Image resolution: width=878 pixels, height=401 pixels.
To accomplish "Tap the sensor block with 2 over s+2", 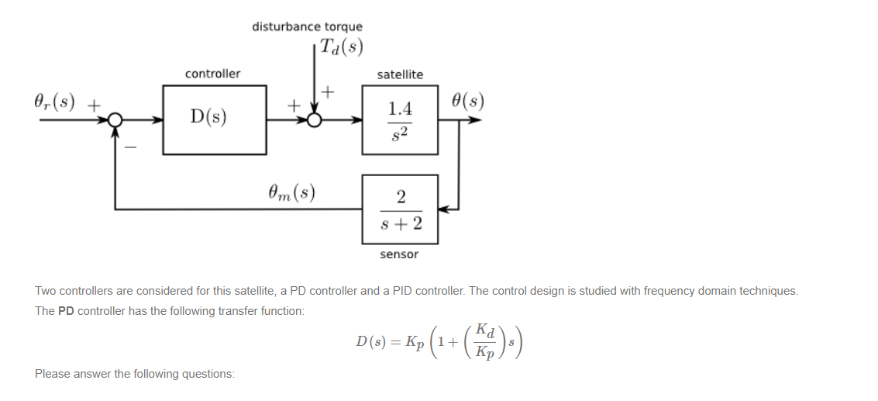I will tap(400, 209).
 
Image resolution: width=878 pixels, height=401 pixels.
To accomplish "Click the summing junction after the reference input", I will tap(115, 120).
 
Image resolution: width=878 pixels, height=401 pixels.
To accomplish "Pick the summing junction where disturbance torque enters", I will tap(315, 120).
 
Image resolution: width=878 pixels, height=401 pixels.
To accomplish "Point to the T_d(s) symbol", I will tap(341, 47).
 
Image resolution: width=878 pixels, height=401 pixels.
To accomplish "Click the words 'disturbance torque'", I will tap(307, 26).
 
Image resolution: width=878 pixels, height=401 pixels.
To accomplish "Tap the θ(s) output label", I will tap(468, 101).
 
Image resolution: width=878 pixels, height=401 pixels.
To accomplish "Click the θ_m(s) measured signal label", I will tap(291, 192).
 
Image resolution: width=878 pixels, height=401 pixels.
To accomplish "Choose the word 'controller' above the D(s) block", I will tap(212, 74).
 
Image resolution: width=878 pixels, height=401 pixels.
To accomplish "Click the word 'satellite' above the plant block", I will tap(400, 74).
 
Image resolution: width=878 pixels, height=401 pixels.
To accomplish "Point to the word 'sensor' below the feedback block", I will tap(399, 254).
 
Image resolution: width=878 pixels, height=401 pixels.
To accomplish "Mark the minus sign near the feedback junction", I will tap(129, 145).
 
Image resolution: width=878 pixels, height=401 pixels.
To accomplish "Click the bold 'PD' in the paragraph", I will tap(67, 311).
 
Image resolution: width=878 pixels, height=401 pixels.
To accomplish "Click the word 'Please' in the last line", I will tap(51, 374).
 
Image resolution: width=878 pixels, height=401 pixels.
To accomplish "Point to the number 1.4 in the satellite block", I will tap(400, 109).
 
